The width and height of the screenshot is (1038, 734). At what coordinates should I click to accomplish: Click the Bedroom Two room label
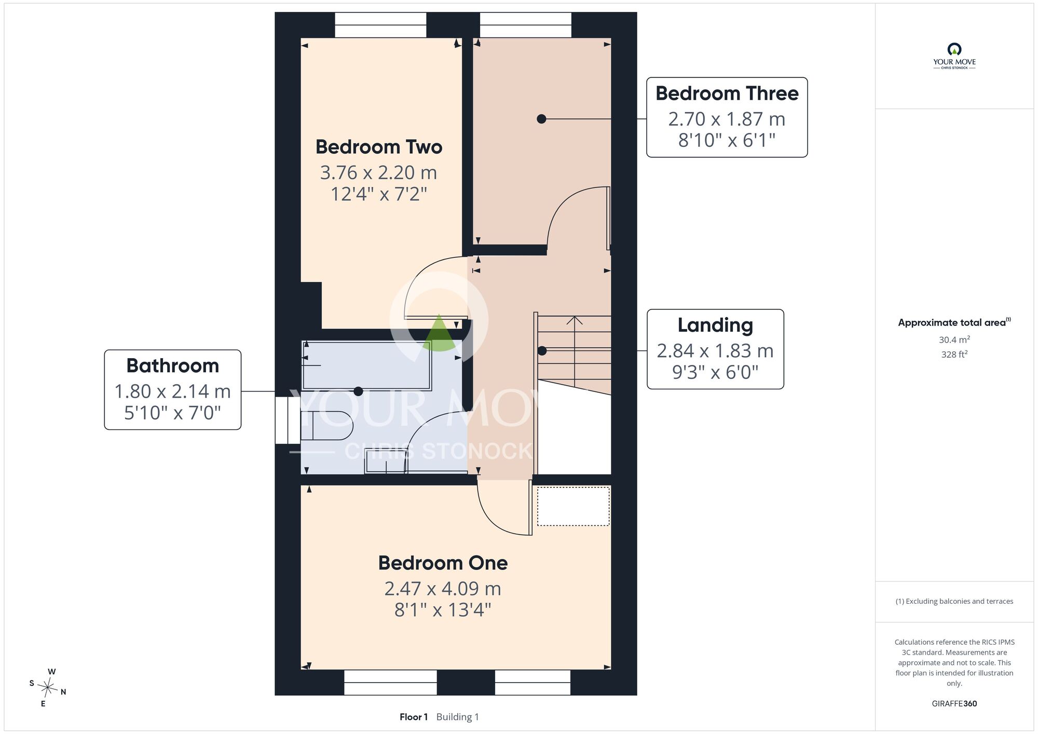[379, 147]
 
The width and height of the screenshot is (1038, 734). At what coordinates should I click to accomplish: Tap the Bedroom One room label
[443, 563]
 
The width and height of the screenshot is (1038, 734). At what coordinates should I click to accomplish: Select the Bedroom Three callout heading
[727, 93]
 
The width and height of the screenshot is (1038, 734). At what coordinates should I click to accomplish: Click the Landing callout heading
[715, 325]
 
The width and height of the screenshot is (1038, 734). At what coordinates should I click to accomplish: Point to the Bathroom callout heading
[173, 366]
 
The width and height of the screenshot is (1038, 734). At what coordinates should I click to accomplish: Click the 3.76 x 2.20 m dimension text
[378, 172]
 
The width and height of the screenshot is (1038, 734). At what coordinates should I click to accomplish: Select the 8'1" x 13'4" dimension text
[443, 610]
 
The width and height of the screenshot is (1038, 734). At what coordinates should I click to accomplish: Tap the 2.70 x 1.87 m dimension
[727, 119]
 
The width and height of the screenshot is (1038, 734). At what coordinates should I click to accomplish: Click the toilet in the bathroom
[327, 426]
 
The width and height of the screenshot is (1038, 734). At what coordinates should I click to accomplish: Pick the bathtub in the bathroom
[366, 365]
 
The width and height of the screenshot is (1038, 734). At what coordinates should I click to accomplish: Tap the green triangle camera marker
[439, 333]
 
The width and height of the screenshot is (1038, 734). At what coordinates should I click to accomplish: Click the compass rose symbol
[47, 688]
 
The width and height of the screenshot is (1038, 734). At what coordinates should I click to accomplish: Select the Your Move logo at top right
[954, 56]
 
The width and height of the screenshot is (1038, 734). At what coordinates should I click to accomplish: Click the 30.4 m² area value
[954, 339]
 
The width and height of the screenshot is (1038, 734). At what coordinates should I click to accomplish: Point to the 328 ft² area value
[954, 355]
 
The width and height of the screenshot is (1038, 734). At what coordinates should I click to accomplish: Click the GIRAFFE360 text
[954, 704]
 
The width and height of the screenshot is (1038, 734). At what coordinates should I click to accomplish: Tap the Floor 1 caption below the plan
[414, 717]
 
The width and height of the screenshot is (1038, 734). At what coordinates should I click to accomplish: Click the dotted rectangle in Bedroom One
[573, 506]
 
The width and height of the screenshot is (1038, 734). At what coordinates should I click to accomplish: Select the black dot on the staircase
[542, 351]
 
